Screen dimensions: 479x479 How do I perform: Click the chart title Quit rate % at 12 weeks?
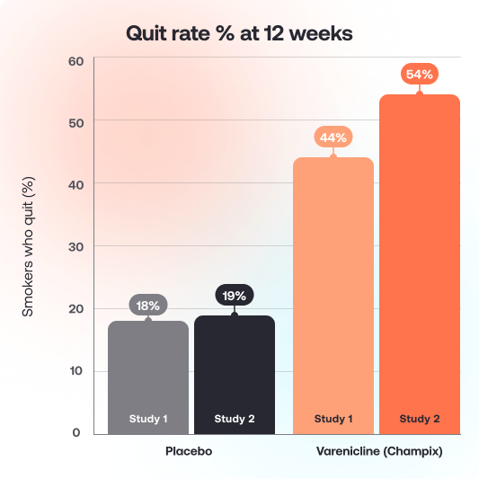tap(239, 34)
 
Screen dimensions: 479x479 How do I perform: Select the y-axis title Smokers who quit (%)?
tap(28, 246)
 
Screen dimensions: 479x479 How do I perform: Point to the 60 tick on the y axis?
tap(75, 61)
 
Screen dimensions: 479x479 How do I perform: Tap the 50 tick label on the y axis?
tap(75, 121)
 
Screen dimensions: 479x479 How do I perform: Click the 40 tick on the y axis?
tap(75, 184)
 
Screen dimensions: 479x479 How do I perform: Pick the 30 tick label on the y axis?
tap(75, 246)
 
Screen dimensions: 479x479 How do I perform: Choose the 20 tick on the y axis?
tap(75, 308)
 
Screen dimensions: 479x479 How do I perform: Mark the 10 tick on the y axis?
tap(75, 370)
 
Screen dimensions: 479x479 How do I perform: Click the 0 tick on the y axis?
tap(77, 432)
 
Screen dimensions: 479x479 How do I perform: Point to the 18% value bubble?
tap(148, 306)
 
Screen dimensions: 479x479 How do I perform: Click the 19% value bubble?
tap(235, 295)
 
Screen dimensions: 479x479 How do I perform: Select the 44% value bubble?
tap(333, 137)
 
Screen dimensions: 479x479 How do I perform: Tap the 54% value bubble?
tap(420, 75)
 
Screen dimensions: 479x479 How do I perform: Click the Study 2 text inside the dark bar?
tap(235, 419)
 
